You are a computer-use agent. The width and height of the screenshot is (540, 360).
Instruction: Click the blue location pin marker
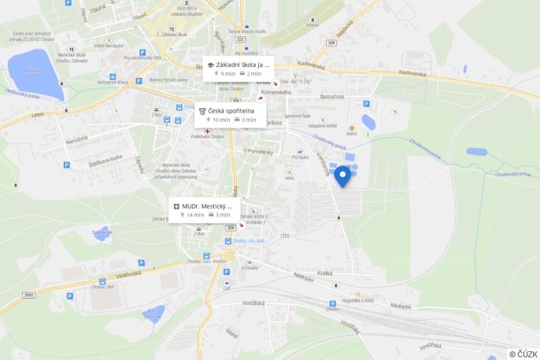(x=342, y=175)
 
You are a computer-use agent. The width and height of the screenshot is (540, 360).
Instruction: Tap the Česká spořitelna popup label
(x=231, y=111)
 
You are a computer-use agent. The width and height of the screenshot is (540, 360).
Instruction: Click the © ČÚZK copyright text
(x=523, y=354)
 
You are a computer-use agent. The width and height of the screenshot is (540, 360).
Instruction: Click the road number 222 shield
(x=240, y=38)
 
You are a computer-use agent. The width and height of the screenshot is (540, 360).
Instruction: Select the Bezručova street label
(x=331, y=96)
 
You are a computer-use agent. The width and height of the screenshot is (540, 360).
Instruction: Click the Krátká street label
(x=324, y=273)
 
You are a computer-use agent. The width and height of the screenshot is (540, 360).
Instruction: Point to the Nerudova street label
(x=76, y=140)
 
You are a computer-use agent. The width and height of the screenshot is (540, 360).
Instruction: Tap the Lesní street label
(x=37, y=114)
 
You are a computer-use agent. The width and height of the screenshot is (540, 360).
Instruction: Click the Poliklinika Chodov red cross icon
(x=208, y=132)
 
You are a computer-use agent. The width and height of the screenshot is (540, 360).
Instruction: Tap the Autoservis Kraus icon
(x=113, y=76)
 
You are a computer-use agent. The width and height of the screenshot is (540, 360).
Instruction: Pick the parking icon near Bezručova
(x=365, y=103)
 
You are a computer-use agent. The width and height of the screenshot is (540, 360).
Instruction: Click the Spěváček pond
(x=102, y=233)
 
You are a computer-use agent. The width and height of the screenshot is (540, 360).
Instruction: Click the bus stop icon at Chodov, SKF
(x=102, y=281)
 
